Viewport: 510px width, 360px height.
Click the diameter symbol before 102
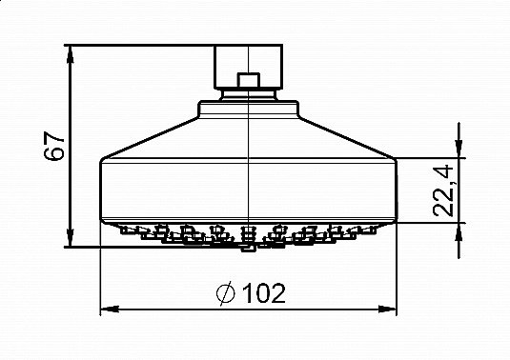pyautogui.click(x=227, y=293)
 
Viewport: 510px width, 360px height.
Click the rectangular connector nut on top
pyautogui.click(x=249, y=65)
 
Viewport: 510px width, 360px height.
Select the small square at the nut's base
pyautogui.click(x=249, y=83)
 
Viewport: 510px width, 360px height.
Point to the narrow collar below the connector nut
pyautogui.click(x=249, y=94)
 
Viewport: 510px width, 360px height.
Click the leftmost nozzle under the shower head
pyautogui.click(x=127, y=229)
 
